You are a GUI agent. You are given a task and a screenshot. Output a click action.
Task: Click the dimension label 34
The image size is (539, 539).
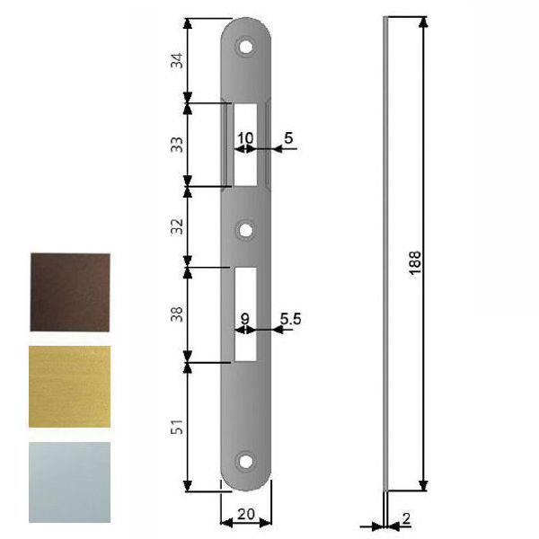point(177,60)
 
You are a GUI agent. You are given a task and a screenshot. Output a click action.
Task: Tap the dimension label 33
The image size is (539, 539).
point(177,144)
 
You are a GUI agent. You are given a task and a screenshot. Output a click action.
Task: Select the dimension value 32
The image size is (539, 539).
point(177,226)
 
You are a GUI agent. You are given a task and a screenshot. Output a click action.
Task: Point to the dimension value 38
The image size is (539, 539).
point(177,314)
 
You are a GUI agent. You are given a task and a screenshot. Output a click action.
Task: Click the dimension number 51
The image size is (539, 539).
point(177,428)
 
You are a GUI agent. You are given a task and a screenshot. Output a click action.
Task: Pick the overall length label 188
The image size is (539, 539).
point(414,261)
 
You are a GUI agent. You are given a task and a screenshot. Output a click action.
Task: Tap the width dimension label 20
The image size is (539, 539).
point(243,516)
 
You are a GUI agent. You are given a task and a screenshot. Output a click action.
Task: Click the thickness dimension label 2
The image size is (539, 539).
point(406,518)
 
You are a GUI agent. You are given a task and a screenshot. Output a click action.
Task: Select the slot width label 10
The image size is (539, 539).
point(244,138)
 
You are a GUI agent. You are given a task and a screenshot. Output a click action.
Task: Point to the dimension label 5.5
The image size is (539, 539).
point(290,317)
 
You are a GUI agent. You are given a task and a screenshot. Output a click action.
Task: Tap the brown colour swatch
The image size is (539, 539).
point(69,292)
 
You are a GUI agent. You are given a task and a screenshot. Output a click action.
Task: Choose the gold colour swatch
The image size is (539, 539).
point(69,386)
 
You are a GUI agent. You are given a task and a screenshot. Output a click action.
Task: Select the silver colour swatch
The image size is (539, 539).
point(69,482)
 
